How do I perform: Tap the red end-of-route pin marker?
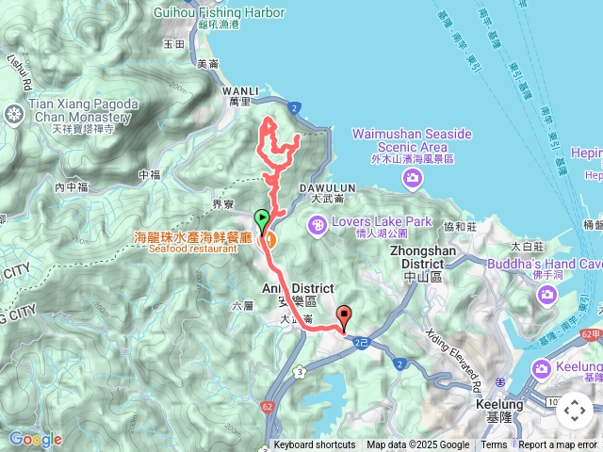(x=344, y=317)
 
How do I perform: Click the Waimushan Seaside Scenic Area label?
(x=412, y=140)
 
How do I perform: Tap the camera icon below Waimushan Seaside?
(x=413, y=178)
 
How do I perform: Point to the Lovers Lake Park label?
(x=381, y=222)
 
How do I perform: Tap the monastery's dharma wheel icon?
(x=13, y=115)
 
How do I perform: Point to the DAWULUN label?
(x=331, y=187)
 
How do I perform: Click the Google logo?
(x=36, y=439)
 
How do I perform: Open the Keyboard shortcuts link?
(x=315, y=445)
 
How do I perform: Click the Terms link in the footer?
(x=494, y=445)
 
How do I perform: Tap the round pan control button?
(x=574, y=411)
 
